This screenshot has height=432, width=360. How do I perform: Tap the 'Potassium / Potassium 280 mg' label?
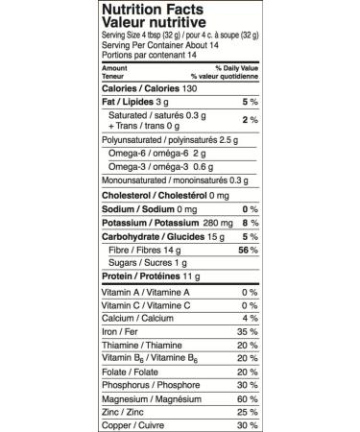tap(160, 221)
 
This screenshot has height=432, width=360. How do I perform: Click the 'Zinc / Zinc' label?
tap(120, 411)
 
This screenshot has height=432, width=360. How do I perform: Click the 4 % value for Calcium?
tap(250, 318)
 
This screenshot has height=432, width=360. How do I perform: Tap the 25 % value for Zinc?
tap(247, 411)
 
